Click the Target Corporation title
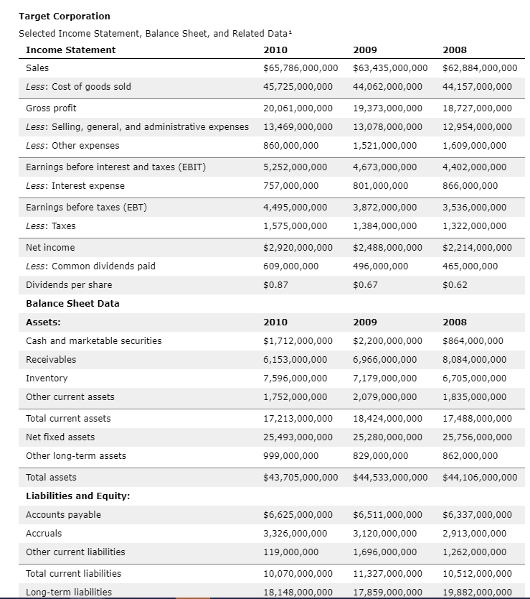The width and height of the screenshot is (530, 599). coord(64,16)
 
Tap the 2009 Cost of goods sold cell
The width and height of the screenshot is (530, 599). coord(387,87)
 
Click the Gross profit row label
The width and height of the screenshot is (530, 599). coord(51,108)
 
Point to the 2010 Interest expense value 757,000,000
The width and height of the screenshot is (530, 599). coord(291,186)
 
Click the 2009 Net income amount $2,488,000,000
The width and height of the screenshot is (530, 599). coord(390,248)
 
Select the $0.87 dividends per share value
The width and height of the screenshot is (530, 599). coord(276,285)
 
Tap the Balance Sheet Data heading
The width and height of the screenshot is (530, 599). coord(72,304)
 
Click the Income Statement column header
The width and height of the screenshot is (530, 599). coord(70,50)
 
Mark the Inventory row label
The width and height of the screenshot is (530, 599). coord(47,379)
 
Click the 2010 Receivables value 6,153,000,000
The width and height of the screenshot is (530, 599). coord(295,360)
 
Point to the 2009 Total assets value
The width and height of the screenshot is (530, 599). coord(390,478)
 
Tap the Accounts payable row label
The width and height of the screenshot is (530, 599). coord(63,515)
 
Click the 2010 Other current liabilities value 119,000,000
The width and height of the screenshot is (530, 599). coord(291,552)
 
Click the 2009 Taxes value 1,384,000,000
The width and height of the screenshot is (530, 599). coord(384,226)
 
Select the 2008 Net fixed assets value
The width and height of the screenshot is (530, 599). coord(477,437)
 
